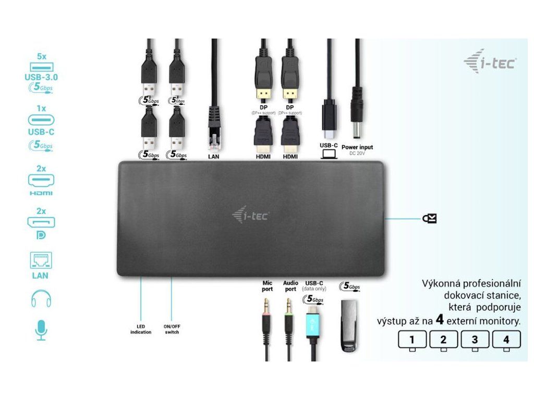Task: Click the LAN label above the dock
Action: [214, 156]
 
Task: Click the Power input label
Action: [357, 147]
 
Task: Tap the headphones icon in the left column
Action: [41, 298]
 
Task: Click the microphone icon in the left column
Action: [41, 330]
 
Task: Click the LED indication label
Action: [141, 330]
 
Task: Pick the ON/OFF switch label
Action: [172, 330]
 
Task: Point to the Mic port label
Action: [268, 286]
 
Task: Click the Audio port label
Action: [290, 286]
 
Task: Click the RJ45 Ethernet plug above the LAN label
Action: [214, 125]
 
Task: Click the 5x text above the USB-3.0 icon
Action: [42, 56]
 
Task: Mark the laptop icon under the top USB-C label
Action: [329, 154]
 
